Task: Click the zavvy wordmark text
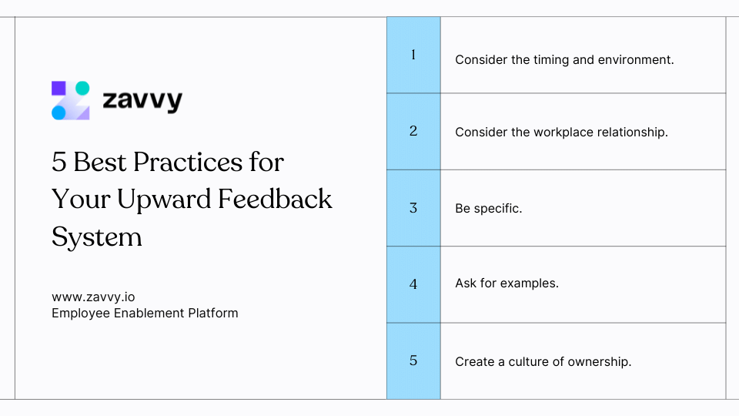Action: pos(142,100)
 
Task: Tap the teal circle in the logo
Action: pos(82,88)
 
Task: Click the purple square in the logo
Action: pos(59,88)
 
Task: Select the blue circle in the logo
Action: pos(59,112)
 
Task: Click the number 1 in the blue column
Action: pos(413,55)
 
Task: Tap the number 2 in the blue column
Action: pos(413,131)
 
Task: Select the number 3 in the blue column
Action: pos(413,208)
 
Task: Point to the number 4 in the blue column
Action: pos(413,284)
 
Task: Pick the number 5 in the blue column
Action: pos(413,361)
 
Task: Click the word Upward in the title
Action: pos(164,200)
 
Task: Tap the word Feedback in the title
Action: pos(275,199)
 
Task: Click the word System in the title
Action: pos(97,237)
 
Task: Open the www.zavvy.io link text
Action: pos(93,297)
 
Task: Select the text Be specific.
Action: pos(489,209)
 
